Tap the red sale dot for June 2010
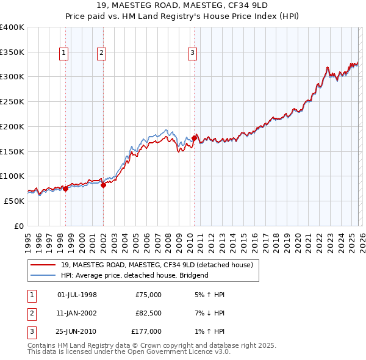click(194, 138)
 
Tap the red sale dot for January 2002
click(103, 185)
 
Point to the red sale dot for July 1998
click(65, 189)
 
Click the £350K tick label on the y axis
click(12, 52)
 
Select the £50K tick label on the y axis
click(15, 201)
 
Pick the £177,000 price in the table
click(146, 331)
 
